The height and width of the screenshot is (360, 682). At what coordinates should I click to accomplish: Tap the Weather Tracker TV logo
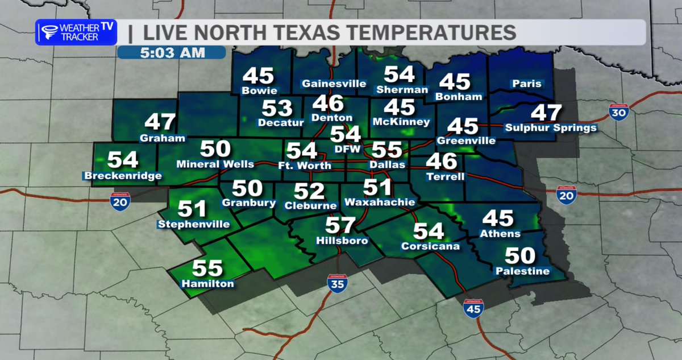[x=76, y=32]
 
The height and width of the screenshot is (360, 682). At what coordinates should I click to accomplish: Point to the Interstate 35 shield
[x=337, y=283]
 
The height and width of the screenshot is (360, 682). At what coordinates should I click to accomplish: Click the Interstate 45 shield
[x=473, y=308]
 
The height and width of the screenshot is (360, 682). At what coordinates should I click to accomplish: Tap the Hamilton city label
[x=207, y=283]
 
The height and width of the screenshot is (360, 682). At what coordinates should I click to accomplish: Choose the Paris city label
[x=526, y=84]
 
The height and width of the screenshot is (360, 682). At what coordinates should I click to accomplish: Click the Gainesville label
[x=334, y=84]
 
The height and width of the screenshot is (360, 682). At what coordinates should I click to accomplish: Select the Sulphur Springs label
[x=551, y=127]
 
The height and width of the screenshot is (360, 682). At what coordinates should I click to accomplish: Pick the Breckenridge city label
[x=123, y=176]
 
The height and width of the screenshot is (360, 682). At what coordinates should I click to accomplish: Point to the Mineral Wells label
[x=215, y=164]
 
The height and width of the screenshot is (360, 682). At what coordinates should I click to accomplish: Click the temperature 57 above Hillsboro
[x=340, y=226]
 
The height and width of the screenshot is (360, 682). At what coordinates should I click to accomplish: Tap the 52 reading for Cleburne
[x=309, y=191]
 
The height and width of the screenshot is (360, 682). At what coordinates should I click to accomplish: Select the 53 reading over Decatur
[x=277, y=108]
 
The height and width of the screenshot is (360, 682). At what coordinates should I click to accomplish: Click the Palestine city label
[x=522, y=271]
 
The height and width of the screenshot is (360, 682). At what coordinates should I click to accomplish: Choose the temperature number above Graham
[x=161, y=122]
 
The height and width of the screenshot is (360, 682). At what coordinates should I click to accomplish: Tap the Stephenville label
[x=194, y=224]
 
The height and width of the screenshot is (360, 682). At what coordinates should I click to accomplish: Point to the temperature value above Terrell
[x=442, y=162]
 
